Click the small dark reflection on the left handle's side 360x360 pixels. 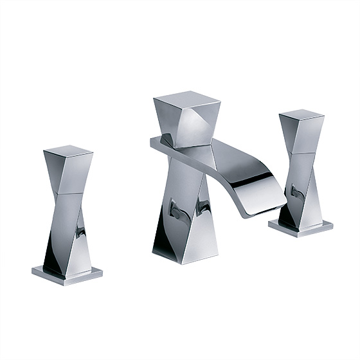(80, 230)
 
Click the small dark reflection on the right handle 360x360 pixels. (294, 192)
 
